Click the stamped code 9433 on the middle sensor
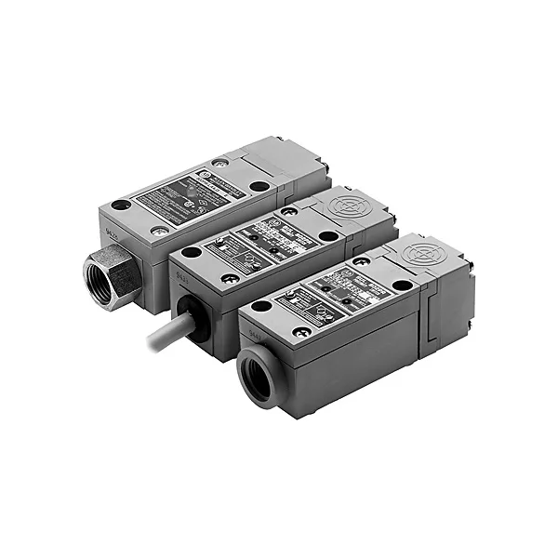178,273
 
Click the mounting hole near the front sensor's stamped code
262,306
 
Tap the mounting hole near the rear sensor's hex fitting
121,206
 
